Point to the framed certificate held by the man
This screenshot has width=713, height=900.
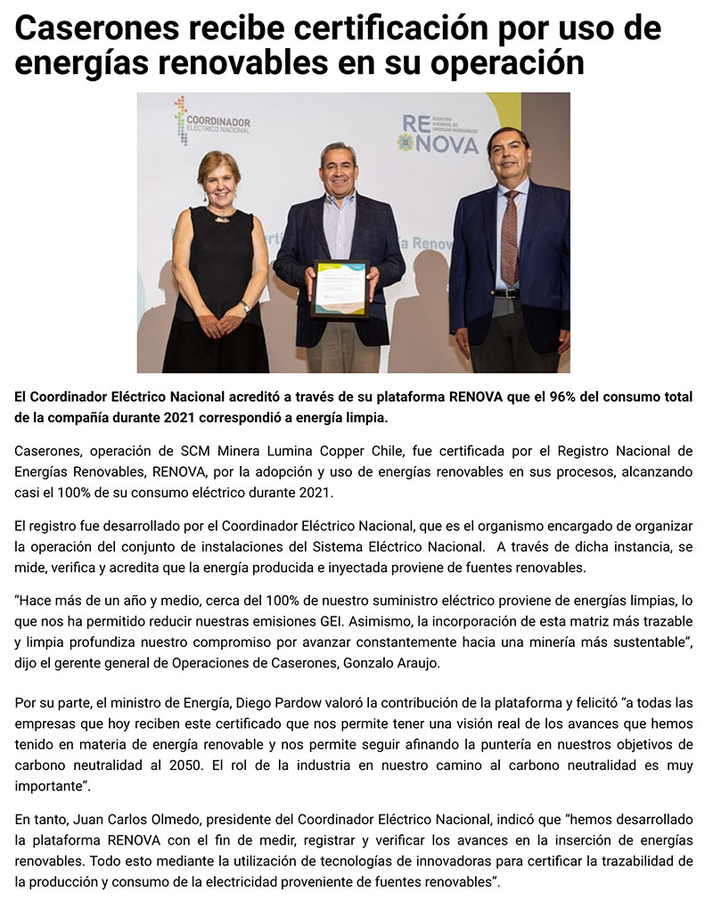click(x=340, y=288)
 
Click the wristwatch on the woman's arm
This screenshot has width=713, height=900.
click(x=246, y=307)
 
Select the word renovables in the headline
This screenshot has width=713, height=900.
click(x=226, y=64)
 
